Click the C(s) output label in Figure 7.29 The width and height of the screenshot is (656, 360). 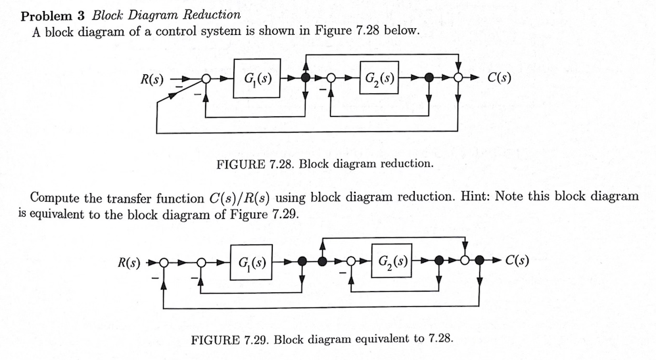518,261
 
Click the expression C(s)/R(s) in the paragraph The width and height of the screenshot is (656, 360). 243,198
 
